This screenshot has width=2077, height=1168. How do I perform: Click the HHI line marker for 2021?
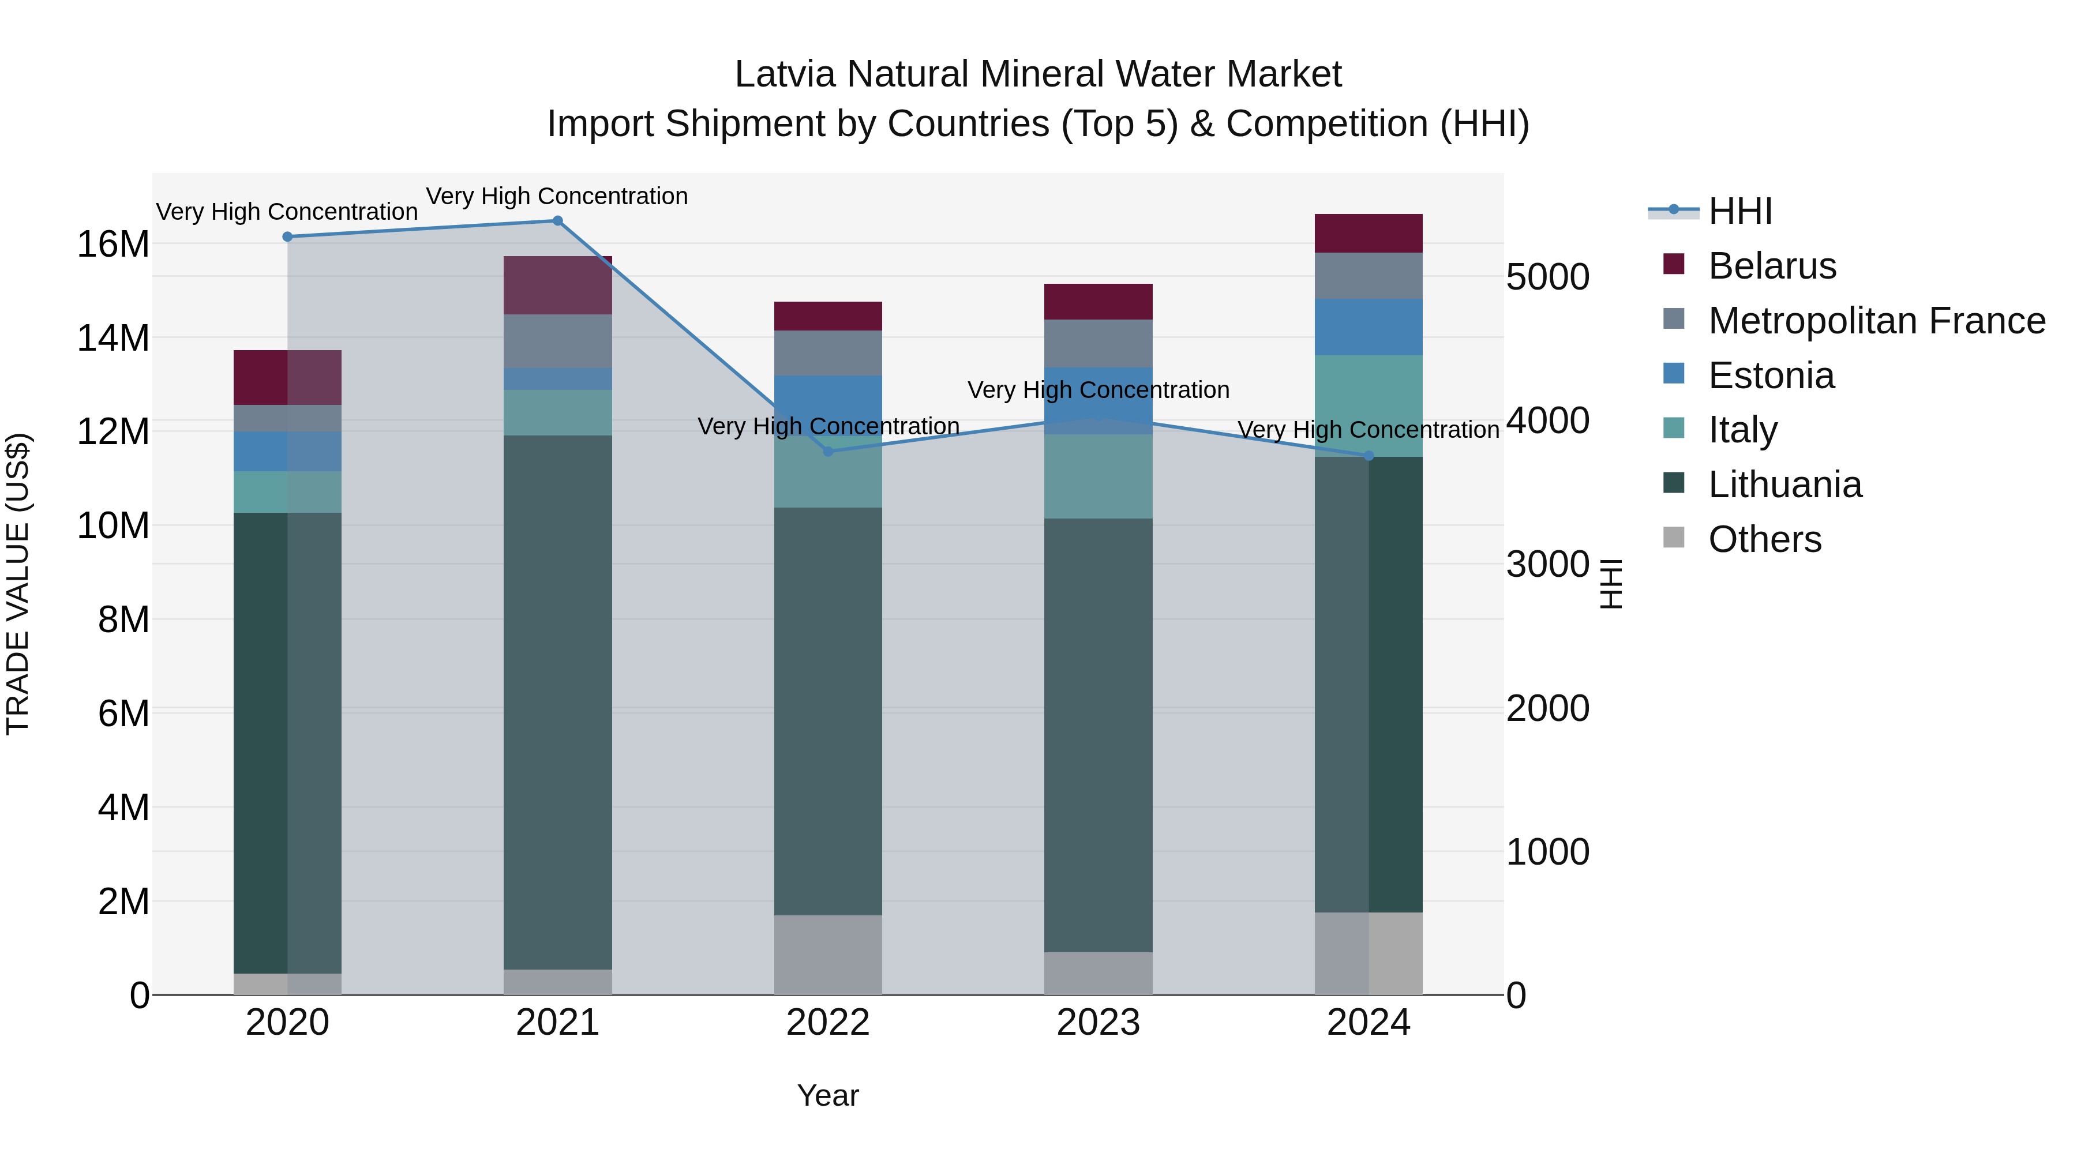click(x=557, y=221)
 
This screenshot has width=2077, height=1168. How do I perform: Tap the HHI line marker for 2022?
click(x=828, y=452)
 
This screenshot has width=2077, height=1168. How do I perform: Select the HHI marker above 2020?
click(x=287, y=237)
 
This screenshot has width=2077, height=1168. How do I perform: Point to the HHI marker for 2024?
click(x=1369, y=456)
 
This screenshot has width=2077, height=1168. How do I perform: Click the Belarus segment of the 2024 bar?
click(x=1369, y=234)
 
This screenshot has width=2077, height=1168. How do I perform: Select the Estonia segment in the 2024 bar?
click(x=1369, y=327)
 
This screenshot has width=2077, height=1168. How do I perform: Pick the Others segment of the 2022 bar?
click(x=828, y=955)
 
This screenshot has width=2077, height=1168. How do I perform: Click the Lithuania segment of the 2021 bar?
click(x=557, y=701)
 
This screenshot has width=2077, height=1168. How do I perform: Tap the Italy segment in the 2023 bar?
click(x=1098, y=476)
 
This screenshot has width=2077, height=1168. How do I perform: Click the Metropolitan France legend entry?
click(x=1876, y=321)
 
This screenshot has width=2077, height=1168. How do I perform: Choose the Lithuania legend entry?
click(x=1784, y=485)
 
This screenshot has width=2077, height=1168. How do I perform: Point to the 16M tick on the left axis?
click(x=113, y=244)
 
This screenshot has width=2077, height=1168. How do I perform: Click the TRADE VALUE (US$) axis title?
click(x=18, y=584)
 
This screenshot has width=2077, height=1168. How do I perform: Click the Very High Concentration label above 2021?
click(x=557, y=196)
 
